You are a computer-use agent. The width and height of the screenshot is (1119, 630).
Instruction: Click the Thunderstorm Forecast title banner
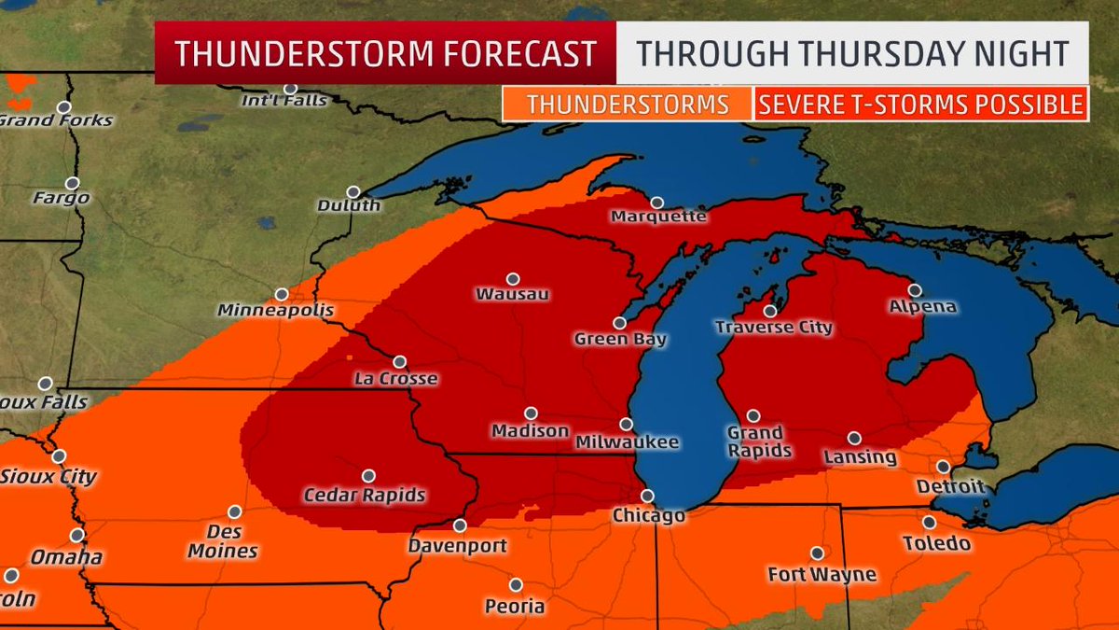(385, 54)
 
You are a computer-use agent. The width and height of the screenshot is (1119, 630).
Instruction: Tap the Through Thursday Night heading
(850, 54)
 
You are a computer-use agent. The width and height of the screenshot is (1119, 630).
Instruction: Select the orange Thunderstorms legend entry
(627, 105)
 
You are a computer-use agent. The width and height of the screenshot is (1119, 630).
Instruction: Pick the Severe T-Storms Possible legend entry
(920, 105)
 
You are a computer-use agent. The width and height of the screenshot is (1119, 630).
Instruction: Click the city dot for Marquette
(657, 203)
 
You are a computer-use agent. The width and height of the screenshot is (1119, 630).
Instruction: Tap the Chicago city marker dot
(647, 496)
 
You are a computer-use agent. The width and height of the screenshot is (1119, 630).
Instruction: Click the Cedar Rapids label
(365, 495)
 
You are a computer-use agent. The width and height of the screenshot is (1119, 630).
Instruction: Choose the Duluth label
(349, 205)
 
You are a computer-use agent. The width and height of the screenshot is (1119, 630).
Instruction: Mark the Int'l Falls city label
(290, 101)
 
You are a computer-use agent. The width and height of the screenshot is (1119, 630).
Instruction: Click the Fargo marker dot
(72, 183)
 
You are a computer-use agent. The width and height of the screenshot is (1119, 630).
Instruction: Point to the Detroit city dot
(944, 467)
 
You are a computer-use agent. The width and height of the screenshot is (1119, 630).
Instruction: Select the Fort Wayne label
(822, 575)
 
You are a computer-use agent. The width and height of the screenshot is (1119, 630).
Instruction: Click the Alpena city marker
(915, 290)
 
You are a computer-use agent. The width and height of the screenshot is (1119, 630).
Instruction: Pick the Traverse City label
(773, 328)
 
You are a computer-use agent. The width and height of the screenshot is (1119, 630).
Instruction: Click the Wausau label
(512, 295)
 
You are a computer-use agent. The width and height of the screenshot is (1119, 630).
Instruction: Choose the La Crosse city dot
(400, 361)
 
